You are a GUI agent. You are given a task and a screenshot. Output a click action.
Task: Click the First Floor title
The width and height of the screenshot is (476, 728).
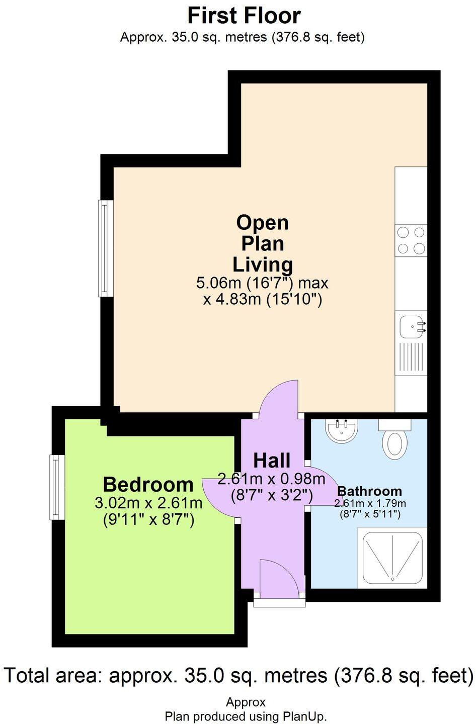(x=244, y=16)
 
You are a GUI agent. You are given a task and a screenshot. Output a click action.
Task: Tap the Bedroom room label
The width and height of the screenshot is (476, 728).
(x=148, y=485)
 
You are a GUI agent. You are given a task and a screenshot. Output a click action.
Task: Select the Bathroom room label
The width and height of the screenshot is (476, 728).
(x=369, y=491)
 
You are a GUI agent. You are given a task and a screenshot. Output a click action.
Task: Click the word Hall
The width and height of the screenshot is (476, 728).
(x=272, y=460)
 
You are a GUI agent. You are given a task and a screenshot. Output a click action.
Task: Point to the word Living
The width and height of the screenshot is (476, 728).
(x=262, y=264)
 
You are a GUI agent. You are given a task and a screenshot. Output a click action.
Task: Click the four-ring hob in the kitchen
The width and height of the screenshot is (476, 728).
(x=411, y=240)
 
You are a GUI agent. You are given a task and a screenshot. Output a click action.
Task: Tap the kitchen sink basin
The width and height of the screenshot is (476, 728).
(x=411, y=328)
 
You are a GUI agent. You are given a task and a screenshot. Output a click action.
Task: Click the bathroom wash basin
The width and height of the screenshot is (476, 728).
(x=342, y=430)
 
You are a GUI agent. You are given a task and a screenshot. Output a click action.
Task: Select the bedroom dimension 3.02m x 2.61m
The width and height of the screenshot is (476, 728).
(x=148, y=503)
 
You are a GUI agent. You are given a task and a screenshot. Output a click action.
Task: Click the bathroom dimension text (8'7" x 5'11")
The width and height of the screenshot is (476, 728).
(x=369, y=514)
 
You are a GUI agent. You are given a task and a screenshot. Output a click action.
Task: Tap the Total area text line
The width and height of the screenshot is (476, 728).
(x=239, y=675)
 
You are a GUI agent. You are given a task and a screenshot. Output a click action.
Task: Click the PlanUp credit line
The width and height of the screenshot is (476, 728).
(x=246, y=716)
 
